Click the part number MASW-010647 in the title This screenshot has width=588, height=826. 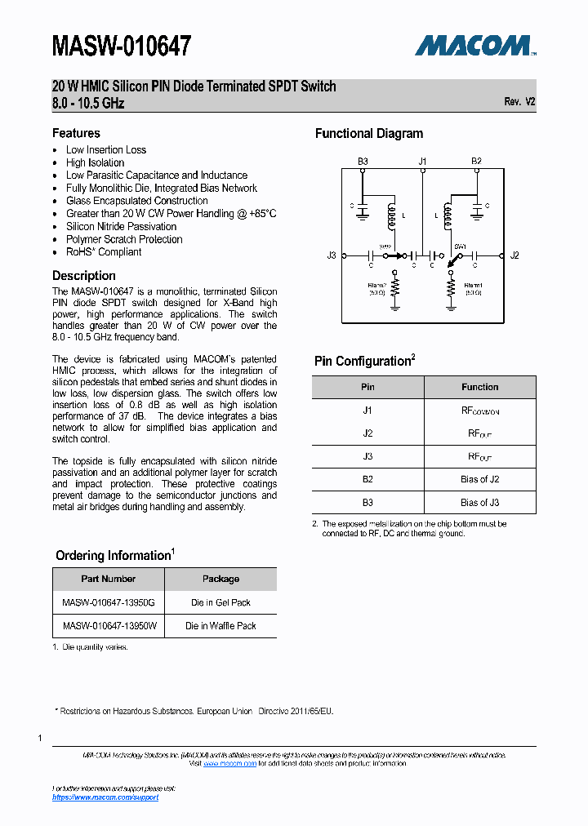click(x=122, y=47)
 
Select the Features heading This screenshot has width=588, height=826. click(x=76, y=133)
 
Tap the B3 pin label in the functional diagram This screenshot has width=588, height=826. click(x=363, y=162)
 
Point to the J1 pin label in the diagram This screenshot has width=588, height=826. click(x=422, y=162)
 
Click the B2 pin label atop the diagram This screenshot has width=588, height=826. click(x=476, y=162)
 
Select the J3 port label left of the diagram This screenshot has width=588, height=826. click(x=332, y=255)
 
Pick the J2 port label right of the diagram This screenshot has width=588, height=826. click(x=514, y=255)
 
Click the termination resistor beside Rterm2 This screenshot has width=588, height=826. click(x=395, y=287)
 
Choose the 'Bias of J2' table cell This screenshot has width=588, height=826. click(x=479, y=479)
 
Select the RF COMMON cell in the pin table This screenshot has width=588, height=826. click(x=479, y=411)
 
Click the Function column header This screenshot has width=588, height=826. click(x=479, y=387)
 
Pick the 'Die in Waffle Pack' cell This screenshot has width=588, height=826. click(x=220, y=626)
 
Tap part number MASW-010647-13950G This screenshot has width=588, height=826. click(x=109, y=602)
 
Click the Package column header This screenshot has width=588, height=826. click(x=220, y=579)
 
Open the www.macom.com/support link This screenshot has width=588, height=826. click(x=105, y=797)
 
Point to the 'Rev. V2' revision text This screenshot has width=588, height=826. click(x=519, y=102)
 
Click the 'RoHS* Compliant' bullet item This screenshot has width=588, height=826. click(x=104, y=252)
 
